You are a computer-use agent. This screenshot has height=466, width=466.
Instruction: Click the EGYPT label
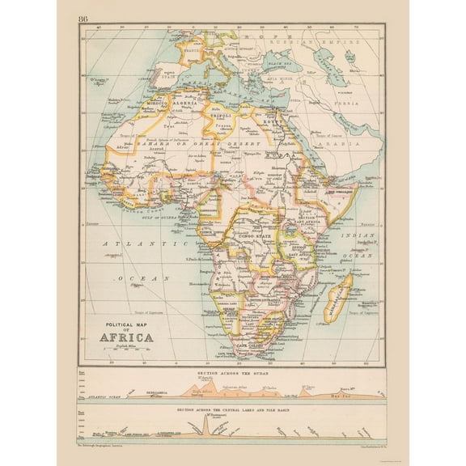(271, 124)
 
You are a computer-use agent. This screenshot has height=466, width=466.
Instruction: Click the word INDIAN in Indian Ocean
(358, 234)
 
